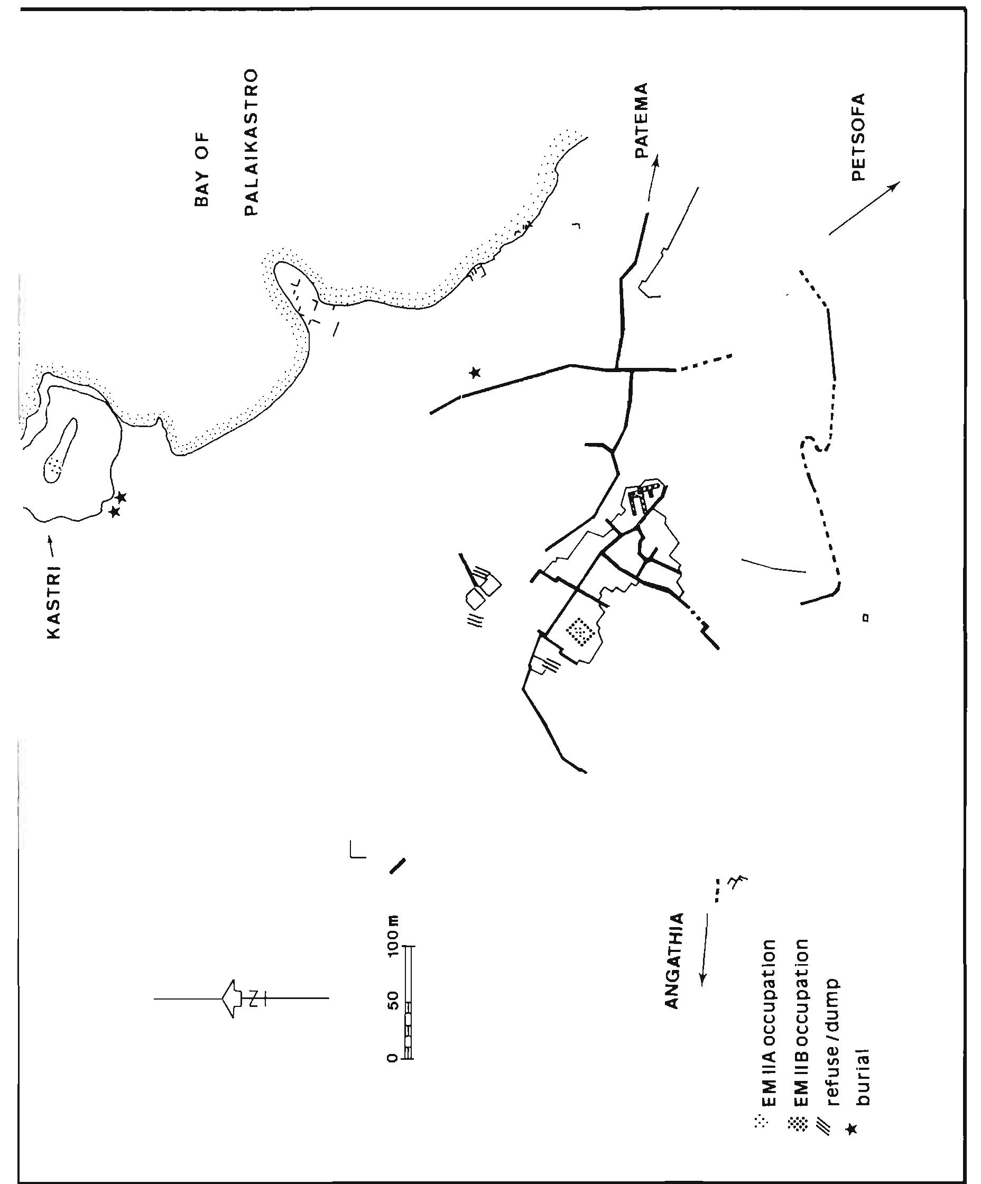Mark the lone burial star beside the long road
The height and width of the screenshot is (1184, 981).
pyautogui.click(x=475, y=372)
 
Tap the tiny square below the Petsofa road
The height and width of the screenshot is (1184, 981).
pyautogui.click(x=865, y=618)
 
